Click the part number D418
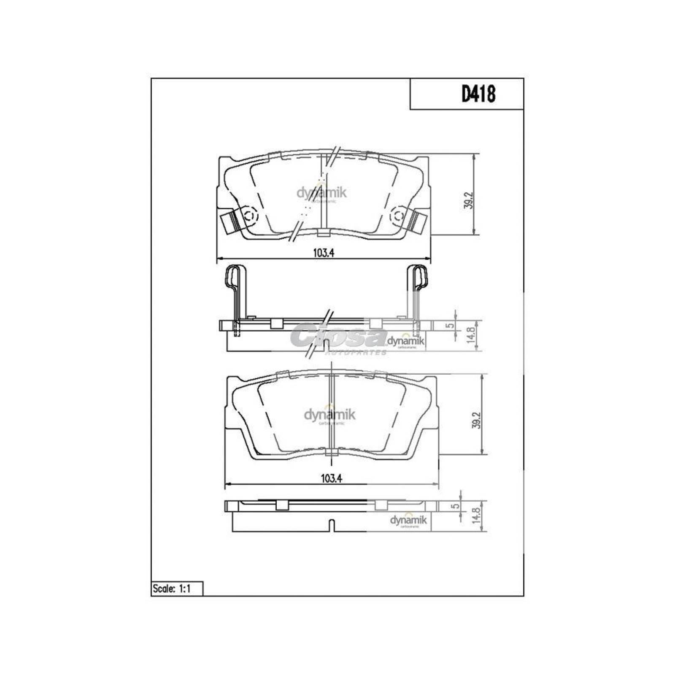pos(478,94)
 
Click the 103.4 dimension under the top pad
pos(324,253)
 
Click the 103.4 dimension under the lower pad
pos(331,478)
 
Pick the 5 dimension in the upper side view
pos(451,325)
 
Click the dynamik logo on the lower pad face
pos(330,415)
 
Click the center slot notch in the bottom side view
pos(332,526)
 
